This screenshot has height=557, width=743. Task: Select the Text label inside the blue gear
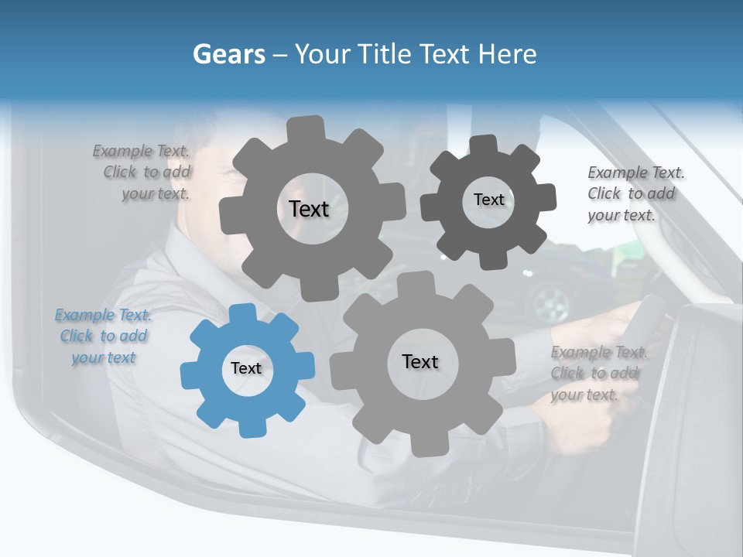click(x=246, y=368)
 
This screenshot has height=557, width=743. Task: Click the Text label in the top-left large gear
click(x=309, y=209)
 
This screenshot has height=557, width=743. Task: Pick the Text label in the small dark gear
click(x=488, y=200)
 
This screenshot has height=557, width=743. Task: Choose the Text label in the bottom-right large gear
click(x=420, y=361)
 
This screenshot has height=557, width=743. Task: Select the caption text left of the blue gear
click(x=103, y=337)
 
